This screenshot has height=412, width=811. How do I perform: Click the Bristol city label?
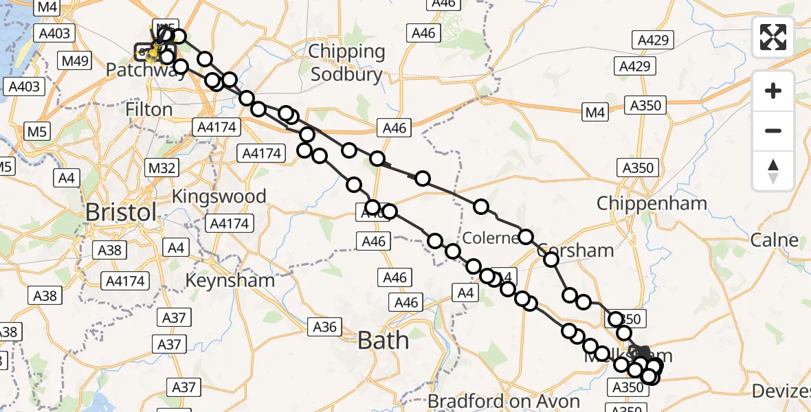tap(121, 212)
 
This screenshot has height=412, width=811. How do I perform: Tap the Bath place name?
tap(384, 340)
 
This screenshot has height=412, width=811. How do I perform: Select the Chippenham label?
tap(652, 204)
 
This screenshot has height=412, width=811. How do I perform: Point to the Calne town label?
tap(775, 240)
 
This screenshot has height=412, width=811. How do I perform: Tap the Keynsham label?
tap(230, 280)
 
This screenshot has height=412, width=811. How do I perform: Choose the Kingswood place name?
tap(219, 196)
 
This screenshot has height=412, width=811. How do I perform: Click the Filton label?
tap(149, 110)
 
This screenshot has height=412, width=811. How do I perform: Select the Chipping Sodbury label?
tap(346, 62)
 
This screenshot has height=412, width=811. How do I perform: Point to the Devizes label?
tap(781, 391)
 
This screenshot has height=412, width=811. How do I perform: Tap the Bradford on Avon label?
tap(504, 401)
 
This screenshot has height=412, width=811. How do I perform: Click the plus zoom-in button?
tap(773, 91)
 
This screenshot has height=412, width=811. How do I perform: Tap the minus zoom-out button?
tap(773, 130)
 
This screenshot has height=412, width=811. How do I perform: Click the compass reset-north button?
tap(773, 170)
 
